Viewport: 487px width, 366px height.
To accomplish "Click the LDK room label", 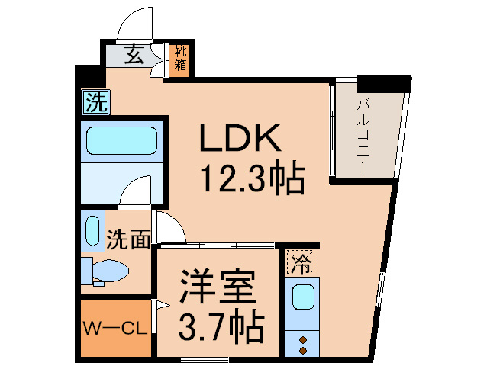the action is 240,138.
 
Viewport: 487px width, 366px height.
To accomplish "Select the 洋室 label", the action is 218,287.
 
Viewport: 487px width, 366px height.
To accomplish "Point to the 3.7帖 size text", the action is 221,325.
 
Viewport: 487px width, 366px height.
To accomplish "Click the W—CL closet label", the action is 115,329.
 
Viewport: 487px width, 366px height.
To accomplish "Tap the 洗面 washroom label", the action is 128,239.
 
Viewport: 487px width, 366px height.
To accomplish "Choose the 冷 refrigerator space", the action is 300,262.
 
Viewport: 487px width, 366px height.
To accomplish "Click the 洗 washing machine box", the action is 95,101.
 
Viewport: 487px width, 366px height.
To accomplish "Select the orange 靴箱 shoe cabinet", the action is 180,59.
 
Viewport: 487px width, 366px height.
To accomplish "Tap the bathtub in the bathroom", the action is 122,141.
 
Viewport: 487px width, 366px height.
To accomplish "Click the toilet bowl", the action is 110,271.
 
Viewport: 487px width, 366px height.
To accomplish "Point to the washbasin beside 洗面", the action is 92,231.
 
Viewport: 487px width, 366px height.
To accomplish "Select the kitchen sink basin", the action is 303,297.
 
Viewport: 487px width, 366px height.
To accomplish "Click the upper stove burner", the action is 303,340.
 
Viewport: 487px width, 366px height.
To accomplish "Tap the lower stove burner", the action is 303,351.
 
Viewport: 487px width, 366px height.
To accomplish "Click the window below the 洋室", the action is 205,360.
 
